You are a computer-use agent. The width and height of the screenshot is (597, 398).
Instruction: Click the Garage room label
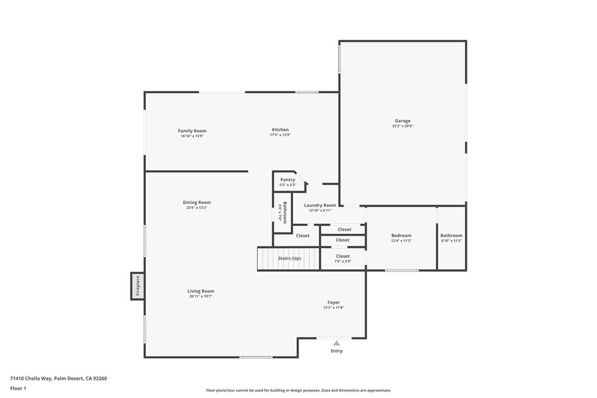pos(402,121)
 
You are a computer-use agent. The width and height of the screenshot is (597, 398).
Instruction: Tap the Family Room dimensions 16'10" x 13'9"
pos(192,136)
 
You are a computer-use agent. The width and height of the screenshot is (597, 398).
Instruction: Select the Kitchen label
pos(280,129)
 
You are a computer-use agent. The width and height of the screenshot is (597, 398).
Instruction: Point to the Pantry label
pos(287,179)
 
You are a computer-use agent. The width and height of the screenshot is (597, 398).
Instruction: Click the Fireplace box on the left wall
pos(138,286)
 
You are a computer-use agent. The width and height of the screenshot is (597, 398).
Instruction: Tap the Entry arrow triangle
pos(336,343)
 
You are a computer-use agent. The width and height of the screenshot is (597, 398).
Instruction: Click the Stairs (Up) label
pos(289,258)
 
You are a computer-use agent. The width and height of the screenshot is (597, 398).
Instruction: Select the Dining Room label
pos(196,202)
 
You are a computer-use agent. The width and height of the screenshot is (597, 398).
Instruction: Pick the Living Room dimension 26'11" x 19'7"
pos(201,297)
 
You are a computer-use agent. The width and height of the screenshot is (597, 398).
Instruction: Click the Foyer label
pos(333,302)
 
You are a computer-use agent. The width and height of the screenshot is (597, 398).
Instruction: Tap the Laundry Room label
pos(320,205)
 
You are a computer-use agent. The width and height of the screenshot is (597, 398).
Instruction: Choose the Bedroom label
pos(401,235)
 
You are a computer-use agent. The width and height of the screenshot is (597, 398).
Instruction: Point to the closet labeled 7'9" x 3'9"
pos(343,261)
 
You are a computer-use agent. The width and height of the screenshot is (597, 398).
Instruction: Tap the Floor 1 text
pos(18,388)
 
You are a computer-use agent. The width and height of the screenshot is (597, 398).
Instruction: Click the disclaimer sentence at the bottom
pos(298,390)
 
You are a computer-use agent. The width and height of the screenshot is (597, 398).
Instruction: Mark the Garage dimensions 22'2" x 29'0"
pos(402,126)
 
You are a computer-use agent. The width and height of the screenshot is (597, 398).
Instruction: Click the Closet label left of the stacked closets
pos(303,235)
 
